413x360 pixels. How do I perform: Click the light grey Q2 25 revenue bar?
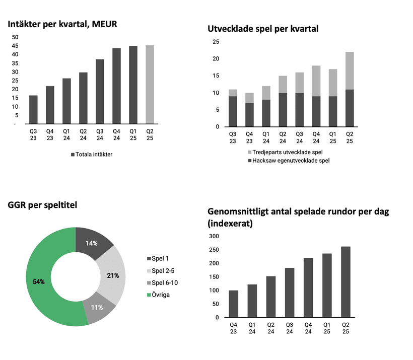(150, 84)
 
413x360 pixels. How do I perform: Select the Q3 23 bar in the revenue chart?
(33, 109)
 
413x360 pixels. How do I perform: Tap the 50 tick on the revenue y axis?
(15, 37)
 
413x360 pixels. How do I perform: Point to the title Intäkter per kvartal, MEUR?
(62, 24)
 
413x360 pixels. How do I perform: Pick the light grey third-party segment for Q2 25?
(349, 70)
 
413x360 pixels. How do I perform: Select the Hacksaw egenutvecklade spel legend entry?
(291, 161)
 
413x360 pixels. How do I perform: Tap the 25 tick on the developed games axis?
(216, 42)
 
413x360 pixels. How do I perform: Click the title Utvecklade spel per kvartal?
(263, 29)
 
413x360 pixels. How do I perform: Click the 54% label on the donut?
(39, 281)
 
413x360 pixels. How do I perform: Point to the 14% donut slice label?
(91, 243)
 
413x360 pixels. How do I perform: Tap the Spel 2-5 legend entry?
(164, 270)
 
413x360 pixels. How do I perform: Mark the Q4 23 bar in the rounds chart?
(233, 304)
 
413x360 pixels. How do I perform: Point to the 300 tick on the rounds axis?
(215, 236)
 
